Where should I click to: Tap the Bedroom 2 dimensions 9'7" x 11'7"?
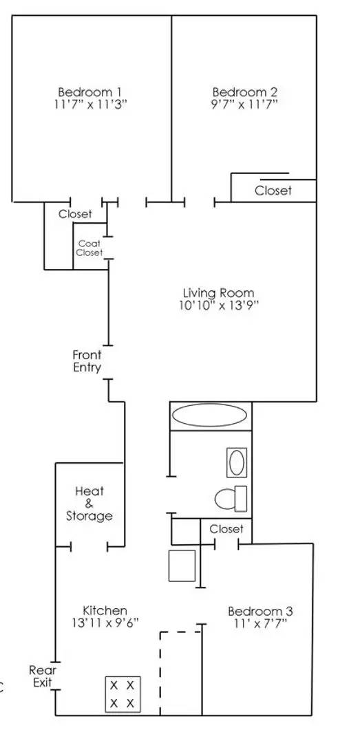pos(245,105)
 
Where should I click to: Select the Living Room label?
pos(219,293)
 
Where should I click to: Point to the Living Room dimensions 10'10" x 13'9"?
pos(219,305)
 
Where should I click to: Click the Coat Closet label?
pos(90,248)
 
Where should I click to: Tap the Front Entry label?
pos(87,360)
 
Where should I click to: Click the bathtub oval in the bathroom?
pos(209,416)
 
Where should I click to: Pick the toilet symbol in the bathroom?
pos(231,499)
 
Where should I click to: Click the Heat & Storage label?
pos(89,503)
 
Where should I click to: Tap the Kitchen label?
pos(105,610)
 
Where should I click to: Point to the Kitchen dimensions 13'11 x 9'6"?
pos(105,623)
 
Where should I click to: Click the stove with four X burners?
pos(123,693)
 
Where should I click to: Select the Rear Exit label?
pos(43,677)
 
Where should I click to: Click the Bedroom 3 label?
pos(260,611)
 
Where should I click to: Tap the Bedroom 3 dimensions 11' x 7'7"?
pos(260,623)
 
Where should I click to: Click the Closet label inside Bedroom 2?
pos(273,191)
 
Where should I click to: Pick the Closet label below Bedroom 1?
pos(75,214)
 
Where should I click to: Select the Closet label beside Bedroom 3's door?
pos(226,529)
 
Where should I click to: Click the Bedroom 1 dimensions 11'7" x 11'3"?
pos(90,105)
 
